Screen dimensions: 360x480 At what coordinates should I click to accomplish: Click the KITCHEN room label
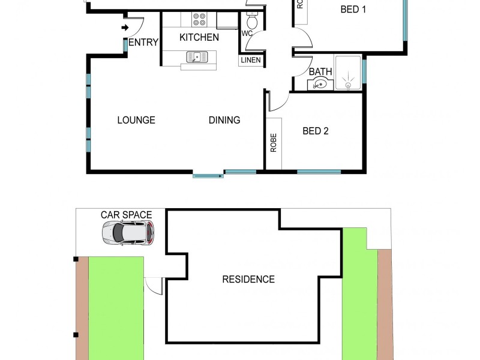click(199, 37)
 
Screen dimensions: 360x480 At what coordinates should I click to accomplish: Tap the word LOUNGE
click(136, 120)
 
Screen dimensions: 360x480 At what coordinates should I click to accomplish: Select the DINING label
click(224, 120)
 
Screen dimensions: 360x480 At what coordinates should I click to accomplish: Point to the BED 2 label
click(315, 131)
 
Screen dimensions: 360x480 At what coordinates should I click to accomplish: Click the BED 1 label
click(353, 9)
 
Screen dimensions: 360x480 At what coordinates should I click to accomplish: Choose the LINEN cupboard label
click(251, 60)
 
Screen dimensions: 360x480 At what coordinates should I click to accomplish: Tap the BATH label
click(320, 72)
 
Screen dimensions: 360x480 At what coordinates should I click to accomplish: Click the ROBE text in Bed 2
click(273, 143)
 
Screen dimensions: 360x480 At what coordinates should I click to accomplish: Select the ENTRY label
click(144, 42)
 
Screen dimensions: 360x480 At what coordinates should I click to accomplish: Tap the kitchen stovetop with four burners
click(199, 20)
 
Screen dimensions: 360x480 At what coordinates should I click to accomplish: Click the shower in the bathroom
click(349, 73)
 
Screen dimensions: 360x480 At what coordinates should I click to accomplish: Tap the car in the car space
click(127, 232)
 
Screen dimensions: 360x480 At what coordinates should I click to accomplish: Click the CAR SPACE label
click(126, 215)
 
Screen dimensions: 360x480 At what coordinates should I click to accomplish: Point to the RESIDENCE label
click(248, 279)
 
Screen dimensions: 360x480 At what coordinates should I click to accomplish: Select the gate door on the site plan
click(155, 286)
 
